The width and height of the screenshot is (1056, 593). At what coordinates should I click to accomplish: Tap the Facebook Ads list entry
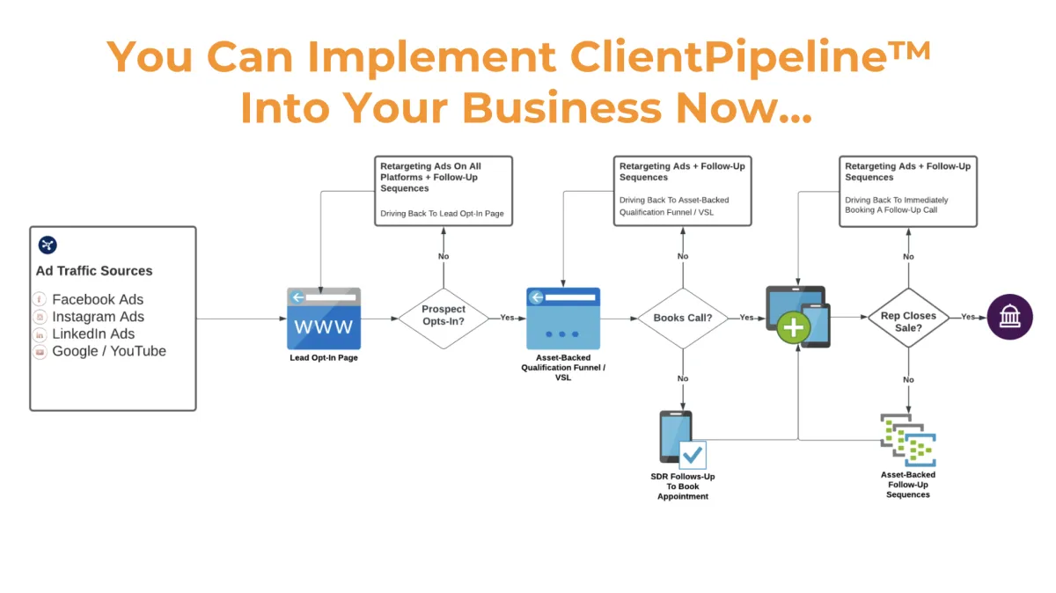97,299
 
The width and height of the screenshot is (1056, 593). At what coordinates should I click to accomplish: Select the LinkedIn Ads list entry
93,333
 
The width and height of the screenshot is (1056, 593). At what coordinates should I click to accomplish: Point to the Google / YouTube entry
108,351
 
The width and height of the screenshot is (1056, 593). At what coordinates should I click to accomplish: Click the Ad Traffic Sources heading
94,271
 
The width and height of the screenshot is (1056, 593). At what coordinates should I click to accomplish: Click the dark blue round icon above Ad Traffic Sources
48,245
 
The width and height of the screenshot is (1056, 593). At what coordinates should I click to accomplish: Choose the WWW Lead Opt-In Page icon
324,318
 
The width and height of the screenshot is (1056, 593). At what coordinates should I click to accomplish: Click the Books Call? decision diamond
683,318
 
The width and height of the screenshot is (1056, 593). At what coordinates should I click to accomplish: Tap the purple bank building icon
1009,317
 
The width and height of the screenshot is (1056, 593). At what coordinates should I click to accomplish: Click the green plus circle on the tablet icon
794,328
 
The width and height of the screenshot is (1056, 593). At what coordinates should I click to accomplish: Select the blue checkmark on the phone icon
693,455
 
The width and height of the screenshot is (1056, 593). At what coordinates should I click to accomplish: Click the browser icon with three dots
563,318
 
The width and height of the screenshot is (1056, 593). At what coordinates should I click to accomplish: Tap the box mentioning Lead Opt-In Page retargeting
443,191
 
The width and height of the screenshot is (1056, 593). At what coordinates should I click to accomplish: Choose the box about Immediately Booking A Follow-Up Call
908,191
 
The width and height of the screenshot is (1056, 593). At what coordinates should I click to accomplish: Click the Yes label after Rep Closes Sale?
967,317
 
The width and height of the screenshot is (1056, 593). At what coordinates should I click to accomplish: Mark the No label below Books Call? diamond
683,380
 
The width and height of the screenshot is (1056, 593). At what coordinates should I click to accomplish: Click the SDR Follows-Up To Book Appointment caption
682,487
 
